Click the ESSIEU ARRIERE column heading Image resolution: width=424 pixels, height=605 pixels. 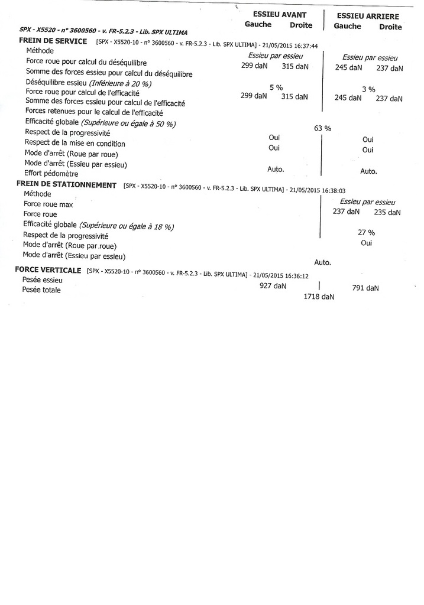pyautogui.click(x=367, y=17)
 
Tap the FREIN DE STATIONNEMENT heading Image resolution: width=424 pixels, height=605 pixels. pyautogui.click(x=66, y=185)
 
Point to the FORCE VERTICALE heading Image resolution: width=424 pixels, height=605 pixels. pyautogui.click(x=48, y=270)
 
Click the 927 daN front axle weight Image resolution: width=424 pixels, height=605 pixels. pyautogui.click(x=273, y=285)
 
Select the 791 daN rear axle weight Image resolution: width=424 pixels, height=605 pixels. pyautogui.click(x=365, y=288)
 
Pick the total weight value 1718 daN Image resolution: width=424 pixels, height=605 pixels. pyautogui.click(x=319, y=297)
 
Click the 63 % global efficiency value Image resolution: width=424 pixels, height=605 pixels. pyautogui.click(x=322, y=128)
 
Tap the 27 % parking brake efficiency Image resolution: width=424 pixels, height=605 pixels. pyautogui.click(x=367, y=232)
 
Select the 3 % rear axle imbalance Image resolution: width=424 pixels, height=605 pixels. pyautogui.click(x=368, y=89)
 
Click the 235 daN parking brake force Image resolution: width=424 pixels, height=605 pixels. pyautogui.click(x=387, y=212)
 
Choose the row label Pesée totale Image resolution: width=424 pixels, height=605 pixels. pyautogui.click(x=41, y=290)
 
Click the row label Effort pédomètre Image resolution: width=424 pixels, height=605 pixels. pyautogui.click(x=51, y=174)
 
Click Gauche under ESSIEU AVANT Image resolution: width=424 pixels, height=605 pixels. pyautogui.click(x=258, y=25)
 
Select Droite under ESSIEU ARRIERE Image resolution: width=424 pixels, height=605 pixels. pyautogui.click(x=390, y=27)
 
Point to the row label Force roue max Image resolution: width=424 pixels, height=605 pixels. pyautogui.click(x=48, y=204)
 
